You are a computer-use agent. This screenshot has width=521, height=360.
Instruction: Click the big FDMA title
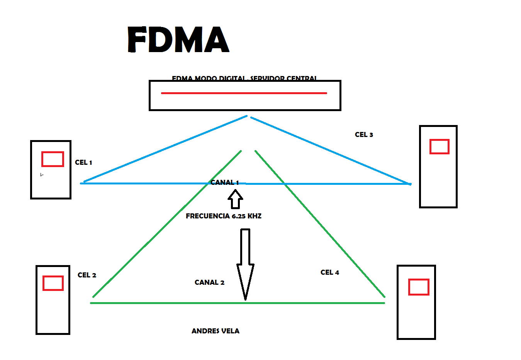pyautogui.click(x=178, y=39)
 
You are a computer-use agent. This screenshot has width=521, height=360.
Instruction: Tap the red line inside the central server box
pyautogui.click(x=244, y=93)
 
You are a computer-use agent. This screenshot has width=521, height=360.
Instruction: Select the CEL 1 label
pyautogui.click(x=83, y=162)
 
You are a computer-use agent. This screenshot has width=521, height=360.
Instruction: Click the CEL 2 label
pyautogui.click(x=87, y=275)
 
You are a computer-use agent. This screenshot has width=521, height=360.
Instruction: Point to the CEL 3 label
pyautogui.click(x=364, y=135)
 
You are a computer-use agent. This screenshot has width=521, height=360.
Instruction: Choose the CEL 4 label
pyautogui.click(x=330, y=272)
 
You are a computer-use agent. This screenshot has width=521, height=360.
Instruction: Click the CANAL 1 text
pyautogui.click(x=224, y=183)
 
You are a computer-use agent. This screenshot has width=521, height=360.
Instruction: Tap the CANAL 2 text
pyautogui.click(x=209, y=282)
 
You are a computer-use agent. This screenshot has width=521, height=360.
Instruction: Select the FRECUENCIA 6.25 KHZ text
pyautogui.click(x=224, y=216)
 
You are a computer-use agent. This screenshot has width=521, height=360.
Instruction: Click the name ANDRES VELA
pyautogui.click(x=216, y=331)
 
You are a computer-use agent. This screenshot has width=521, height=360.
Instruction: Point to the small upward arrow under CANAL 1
pyautogui.click(x=235, y=199)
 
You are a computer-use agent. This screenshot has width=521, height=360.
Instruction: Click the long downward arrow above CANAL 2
pyautogui.click(x=245, y=262)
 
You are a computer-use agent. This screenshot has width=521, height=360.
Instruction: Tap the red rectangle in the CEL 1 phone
pyautogui.click(x=53, y=159)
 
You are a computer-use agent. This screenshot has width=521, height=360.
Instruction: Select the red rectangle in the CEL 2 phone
pyautogui.click(x=53, y=283)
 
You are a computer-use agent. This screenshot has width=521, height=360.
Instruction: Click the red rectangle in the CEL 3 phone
pyautogui.click(x=440, y=147)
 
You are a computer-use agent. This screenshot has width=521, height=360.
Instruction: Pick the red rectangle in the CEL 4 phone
pyautogui.click(x=419, y=287)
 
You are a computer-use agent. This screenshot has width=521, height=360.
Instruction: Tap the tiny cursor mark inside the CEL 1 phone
pyautogui.click(x=42, y=175)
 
